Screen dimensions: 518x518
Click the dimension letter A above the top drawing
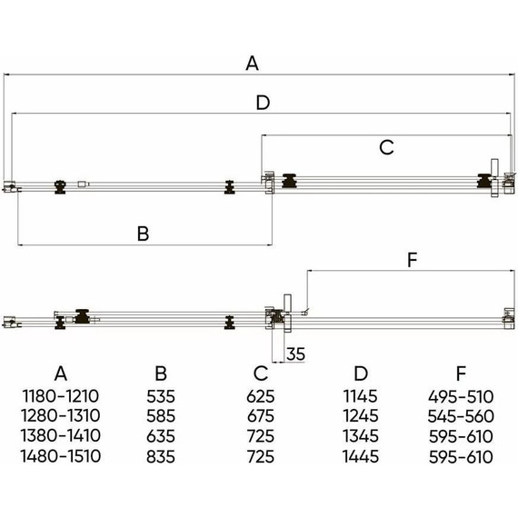click(252, 63)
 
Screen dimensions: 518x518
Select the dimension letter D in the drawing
click(263, 103)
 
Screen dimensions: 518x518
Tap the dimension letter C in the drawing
click(386, 147)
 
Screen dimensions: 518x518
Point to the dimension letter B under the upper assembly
click(143, 234)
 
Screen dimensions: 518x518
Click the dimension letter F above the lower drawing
click(413, 260)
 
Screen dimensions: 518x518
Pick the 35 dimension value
click(295, 354)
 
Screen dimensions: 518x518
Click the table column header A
click(61, 374)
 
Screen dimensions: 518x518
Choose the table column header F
click(461, 374)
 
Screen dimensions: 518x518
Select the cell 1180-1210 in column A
click(61, 396)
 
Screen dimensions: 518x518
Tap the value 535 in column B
click(161, 396)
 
